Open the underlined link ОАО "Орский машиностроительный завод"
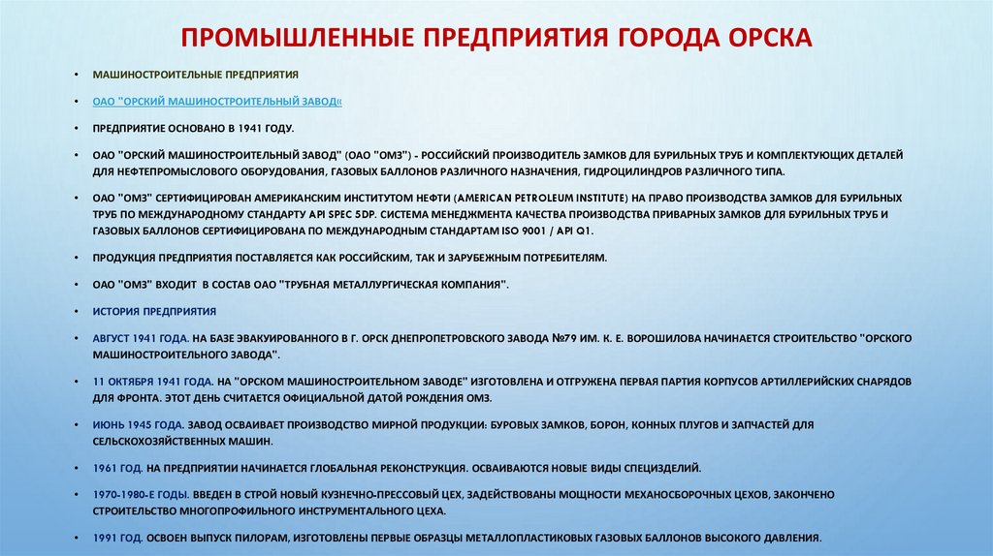217,101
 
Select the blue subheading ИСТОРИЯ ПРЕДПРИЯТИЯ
154,312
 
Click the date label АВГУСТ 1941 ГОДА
138,338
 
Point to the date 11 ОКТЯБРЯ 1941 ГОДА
146,382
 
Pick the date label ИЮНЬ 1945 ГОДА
138,425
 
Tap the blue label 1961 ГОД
118,468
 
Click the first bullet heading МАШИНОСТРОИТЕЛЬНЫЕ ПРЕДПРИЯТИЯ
196,75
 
